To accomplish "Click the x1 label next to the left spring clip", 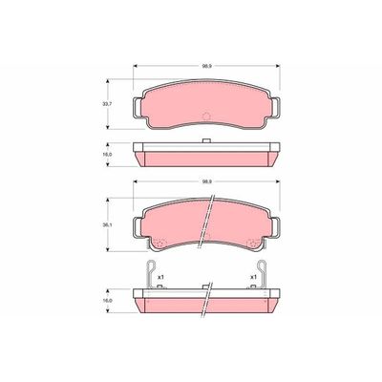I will tap(161, 277).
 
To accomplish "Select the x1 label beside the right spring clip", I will tap(252, 277).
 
